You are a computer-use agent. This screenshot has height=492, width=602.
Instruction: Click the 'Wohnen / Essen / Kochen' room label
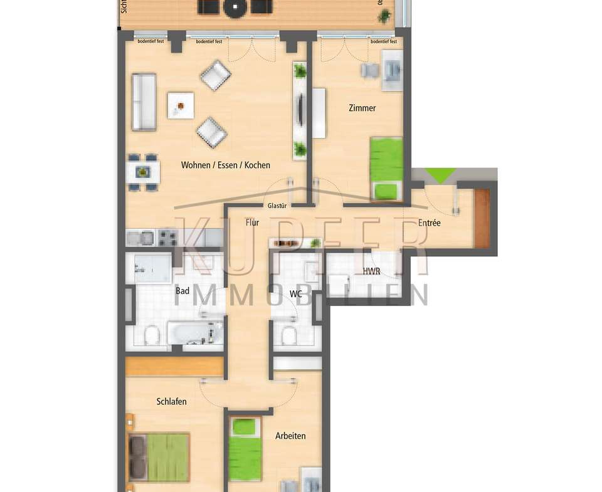coord(226,165)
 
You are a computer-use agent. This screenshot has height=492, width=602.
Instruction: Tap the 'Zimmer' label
coord(362,108)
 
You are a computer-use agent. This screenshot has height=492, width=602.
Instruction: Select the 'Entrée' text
coord(430,222)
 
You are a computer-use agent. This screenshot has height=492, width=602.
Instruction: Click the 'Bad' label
coord(182,291)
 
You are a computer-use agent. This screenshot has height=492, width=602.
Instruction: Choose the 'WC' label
coord(296,294)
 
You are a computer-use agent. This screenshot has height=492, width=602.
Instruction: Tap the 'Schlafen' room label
coord(171,401)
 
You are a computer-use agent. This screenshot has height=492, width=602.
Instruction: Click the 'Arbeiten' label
coord(290,435)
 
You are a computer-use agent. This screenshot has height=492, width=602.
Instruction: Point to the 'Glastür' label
coord(277,205)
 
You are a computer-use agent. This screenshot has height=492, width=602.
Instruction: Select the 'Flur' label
coord(253,222)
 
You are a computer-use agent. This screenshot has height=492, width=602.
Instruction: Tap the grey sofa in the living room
coord(144,102)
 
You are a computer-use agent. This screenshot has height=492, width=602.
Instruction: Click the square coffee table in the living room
coord(181,105)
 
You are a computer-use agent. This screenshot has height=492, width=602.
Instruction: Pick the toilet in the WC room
coord(289,337)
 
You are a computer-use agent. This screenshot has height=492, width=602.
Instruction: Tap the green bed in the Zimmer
coord(385,168)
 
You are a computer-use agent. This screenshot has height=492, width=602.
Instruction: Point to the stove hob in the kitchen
coord(168,238)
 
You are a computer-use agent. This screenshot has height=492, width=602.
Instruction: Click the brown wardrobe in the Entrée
coord(481,218)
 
